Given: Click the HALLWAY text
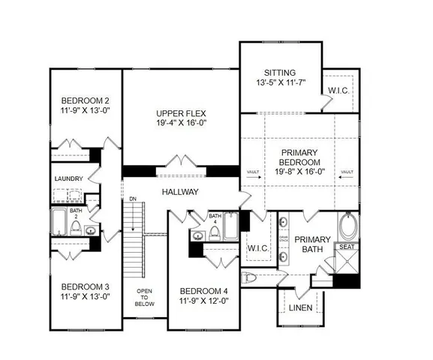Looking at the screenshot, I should pyautogui.click(x=179, y=192).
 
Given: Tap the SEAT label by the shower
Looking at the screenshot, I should pyautogui.click(x=347, y=247).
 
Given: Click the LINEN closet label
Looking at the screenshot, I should pyautogui.click(x=300, y=307).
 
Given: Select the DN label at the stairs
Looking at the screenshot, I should pyautogui.click(x=132, y=199).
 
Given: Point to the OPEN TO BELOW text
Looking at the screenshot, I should pyautogui.click(x=145, y=298).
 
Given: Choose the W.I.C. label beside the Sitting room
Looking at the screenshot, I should pyautogui.click(x=338, y=91).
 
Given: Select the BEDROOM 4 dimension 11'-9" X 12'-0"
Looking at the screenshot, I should pyautogui.click(x=203, y=301).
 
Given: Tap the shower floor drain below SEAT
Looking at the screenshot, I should pyautogui.click(x=346, y=265).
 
